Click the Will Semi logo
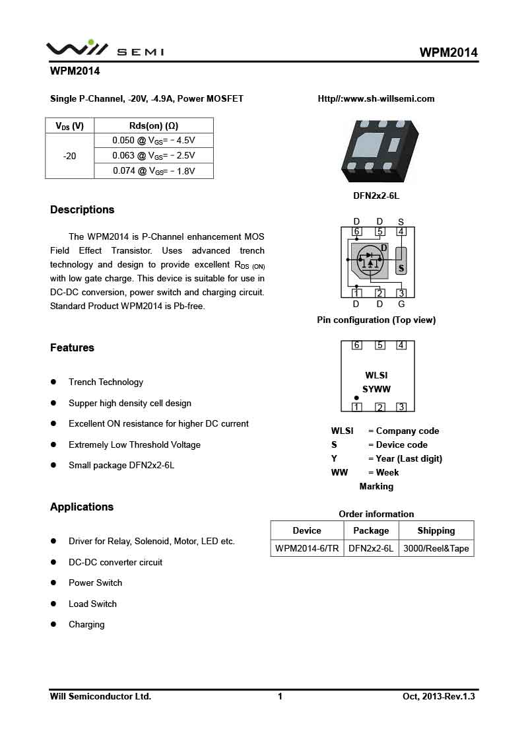tap(104, 49)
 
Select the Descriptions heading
tap(82, 210)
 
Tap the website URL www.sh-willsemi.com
tap(376, 99)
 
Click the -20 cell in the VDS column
tap(69, 156)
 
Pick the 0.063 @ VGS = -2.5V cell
tap(154, 156)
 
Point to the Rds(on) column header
tap(154, 125)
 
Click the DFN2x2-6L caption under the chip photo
tap(376, 196)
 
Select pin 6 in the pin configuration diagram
tap(357, 231)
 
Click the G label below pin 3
tap(401, 304)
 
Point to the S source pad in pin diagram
tap(401, 262)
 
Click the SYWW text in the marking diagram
tap(376, 390)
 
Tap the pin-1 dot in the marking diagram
tap(357, 398)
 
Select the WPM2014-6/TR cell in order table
tap(307, 548)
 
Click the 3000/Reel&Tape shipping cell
tap(436, 548)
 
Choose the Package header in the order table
tap(371, 530)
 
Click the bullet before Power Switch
tap(54, 583)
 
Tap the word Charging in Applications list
tap(86, 625)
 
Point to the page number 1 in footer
tap(280, 696)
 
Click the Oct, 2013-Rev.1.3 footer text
tap(439, 696)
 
